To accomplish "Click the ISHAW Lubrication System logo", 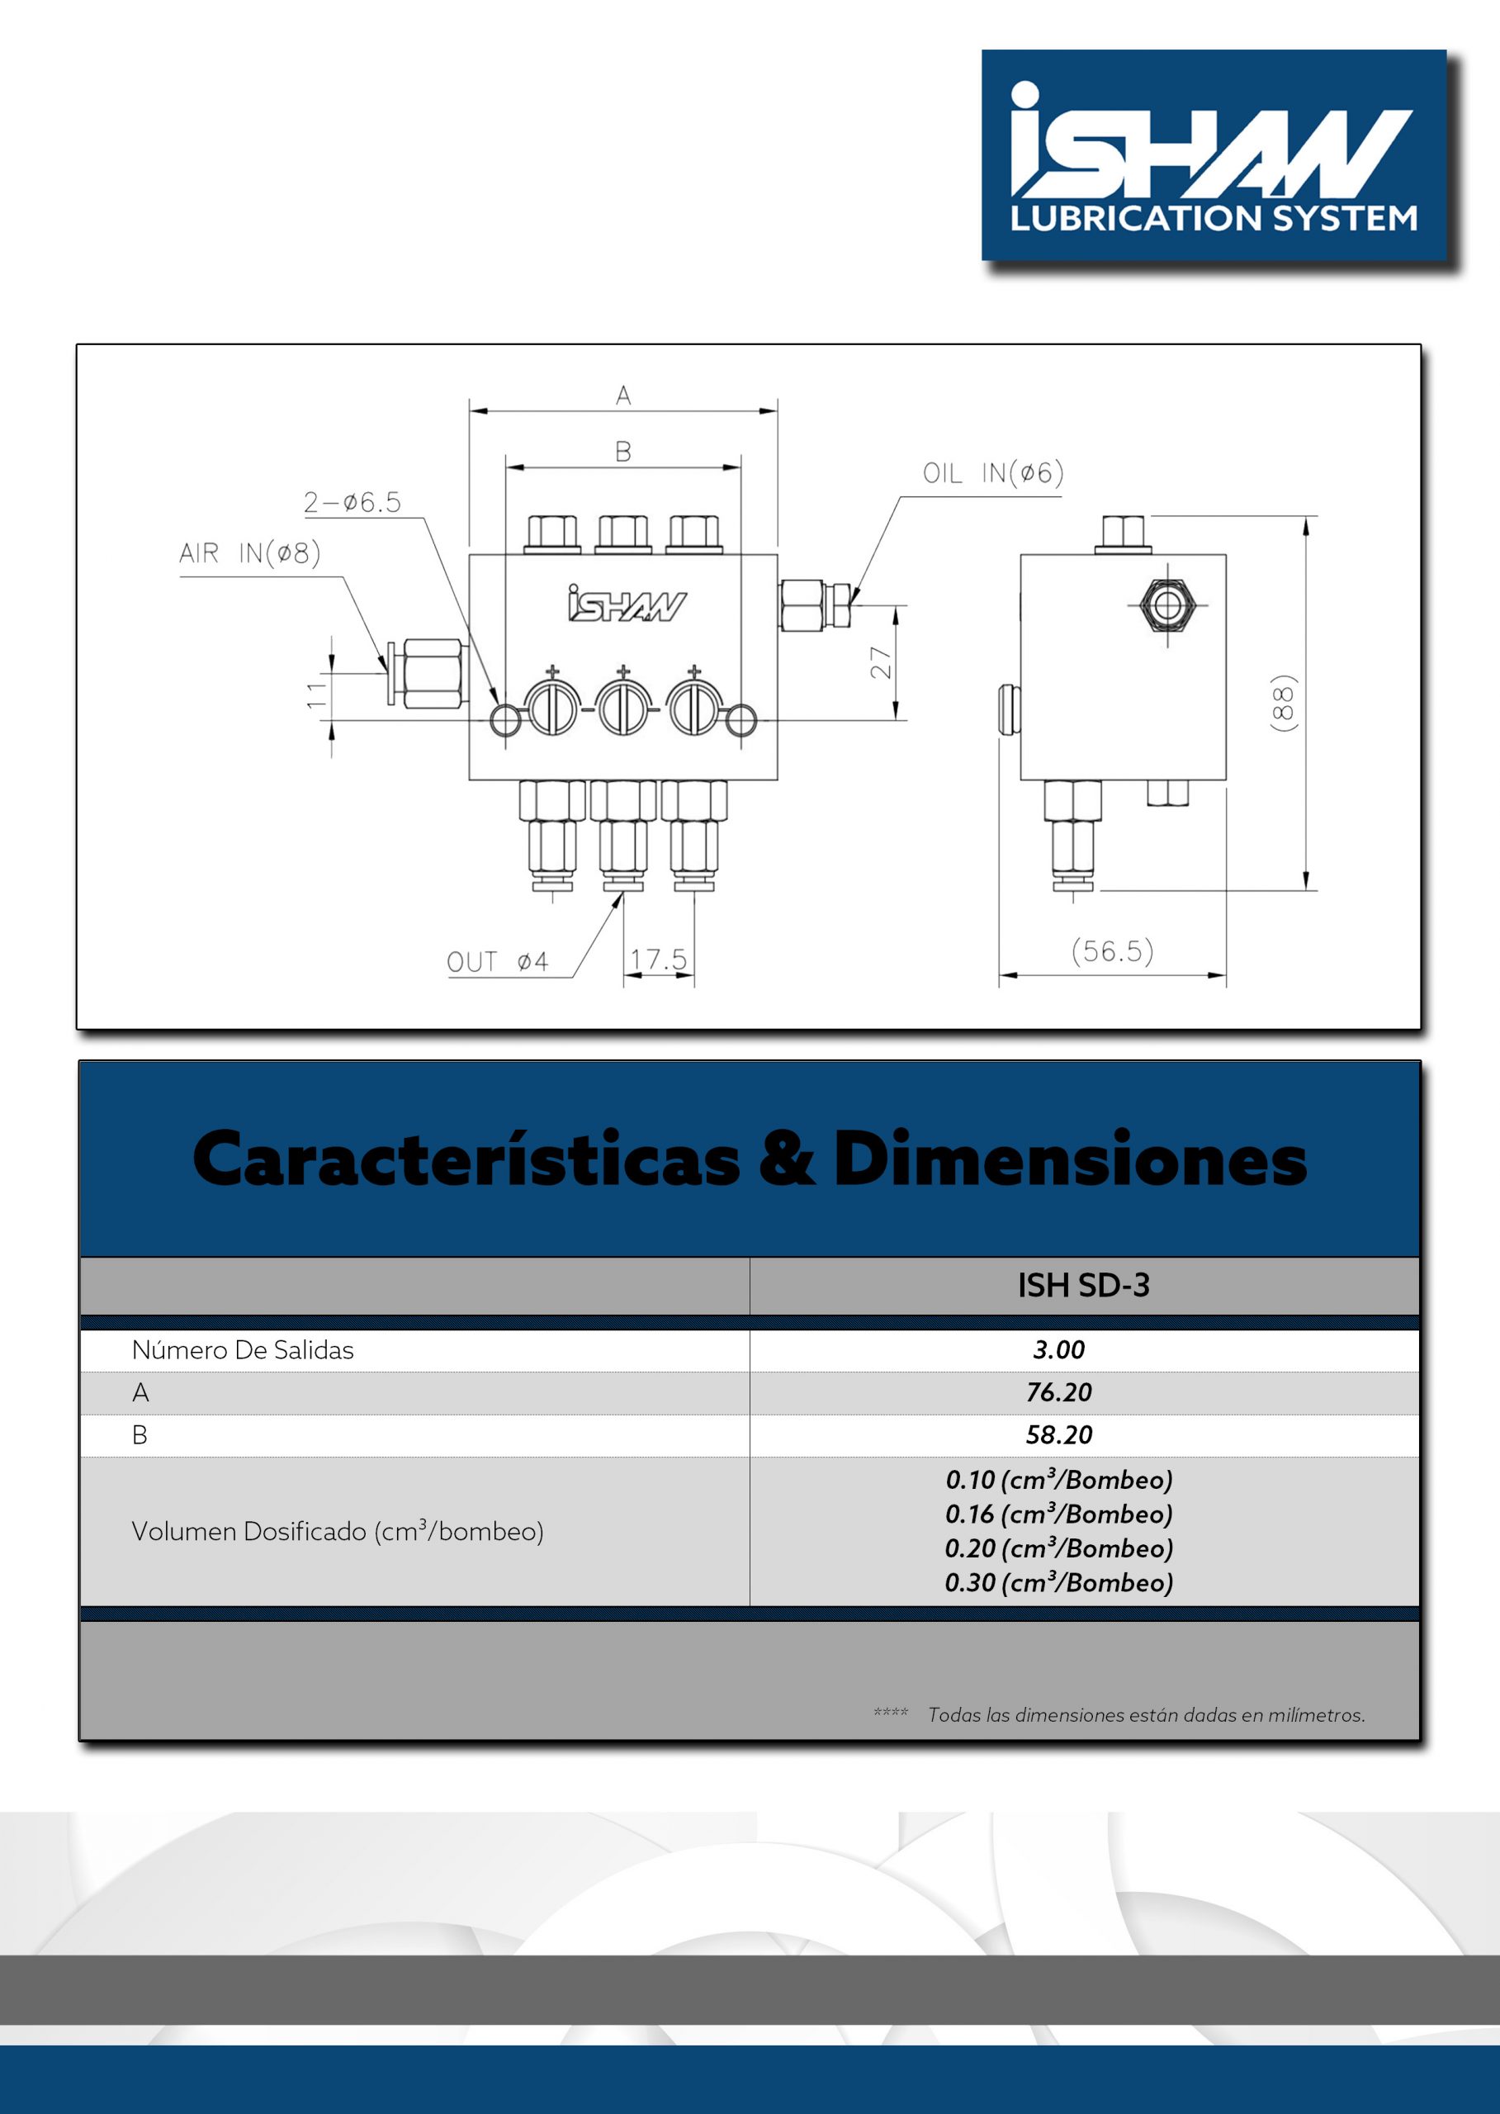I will click(x=1213, y=155).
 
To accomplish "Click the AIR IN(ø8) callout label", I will click(x=249, y=553).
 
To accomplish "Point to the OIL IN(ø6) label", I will click(x=993, y=473).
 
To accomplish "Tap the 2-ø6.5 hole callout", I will click(x=352, y=503).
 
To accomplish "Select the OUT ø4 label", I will click(x=497, y=962).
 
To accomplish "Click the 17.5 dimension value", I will click(x=658, y=959).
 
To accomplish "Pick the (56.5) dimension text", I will click(x=1112, y=950).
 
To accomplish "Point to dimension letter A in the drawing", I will click(x=623, y=396).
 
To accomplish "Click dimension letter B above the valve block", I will click(x=623, y=452).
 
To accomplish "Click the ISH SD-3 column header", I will click(x=1083, y=1285).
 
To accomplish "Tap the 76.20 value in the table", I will click(x=1058, y=1392).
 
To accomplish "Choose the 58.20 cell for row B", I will click(x=1058, y=1435).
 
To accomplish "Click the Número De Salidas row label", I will click(x=243, y=1350).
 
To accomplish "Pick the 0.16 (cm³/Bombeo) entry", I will click(x=1058, y=1514).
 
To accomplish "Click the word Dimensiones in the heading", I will click(x=1070, y=1159).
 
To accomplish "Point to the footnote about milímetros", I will click(x=1145, y=1715).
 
